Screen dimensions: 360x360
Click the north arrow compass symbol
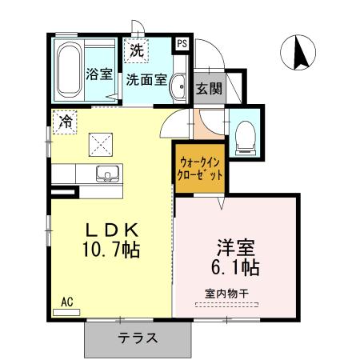coord(300,54)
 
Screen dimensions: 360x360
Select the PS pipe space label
coord(182,44)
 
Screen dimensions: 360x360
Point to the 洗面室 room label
coord(146,79)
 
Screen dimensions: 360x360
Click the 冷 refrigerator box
coord(65,122)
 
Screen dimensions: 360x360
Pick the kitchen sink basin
coord(106,173)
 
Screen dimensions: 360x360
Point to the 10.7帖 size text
coord(110,250)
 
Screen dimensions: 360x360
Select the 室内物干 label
coord(226,294)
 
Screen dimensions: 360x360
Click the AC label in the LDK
coord(67,302)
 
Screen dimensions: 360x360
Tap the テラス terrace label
coord(138,338)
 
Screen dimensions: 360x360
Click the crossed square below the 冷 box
coord(101,145)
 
